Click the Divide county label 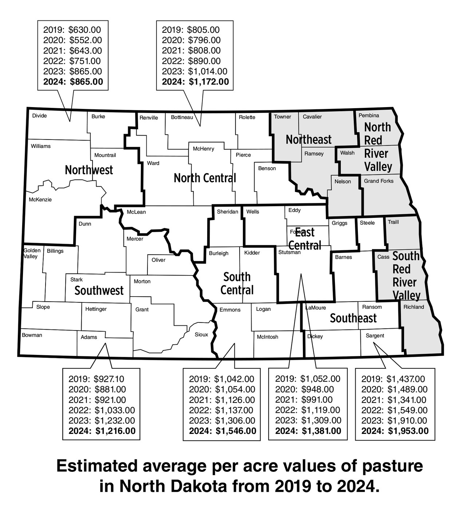click(39, 116)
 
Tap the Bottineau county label click(182, 117)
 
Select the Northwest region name click(89, 170)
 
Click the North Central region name click(205, 178)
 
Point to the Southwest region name click(99, 291)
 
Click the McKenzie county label click(40, 200)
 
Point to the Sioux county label click(201, 334)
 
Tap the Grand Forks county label click(379, 181)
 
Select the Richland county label click(414, 307)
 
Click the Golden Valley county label click(32, 254)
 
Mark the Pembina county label click(369, 115)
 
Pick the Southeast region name click(353, 318)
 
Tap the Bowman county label click(32, 335)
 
